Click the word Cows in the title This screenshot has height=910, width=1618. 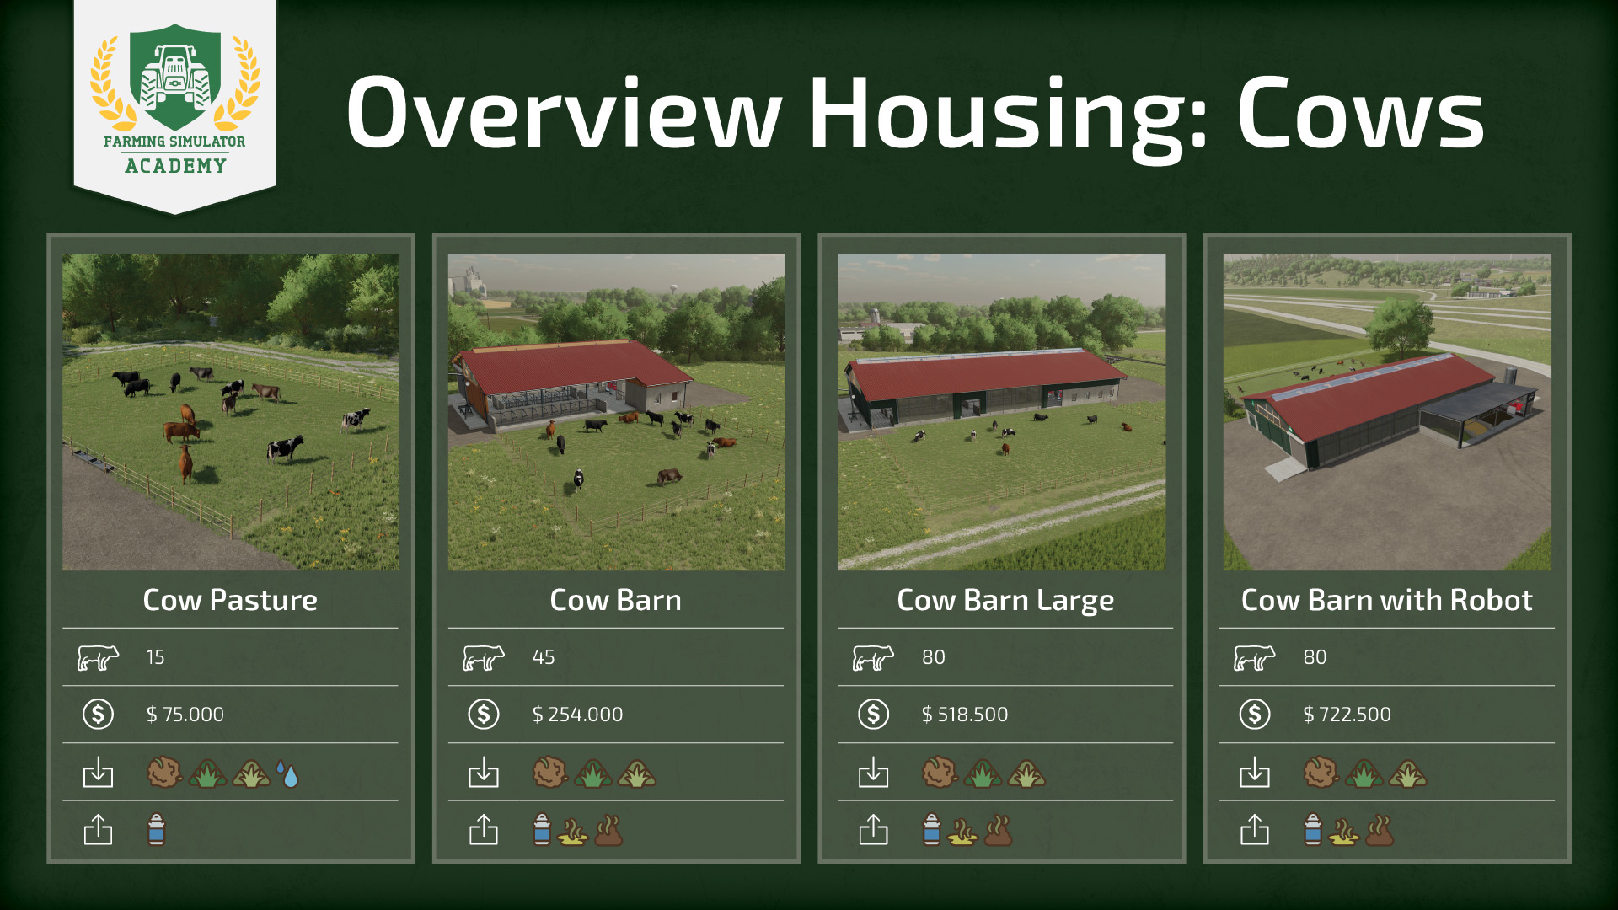coord(1360,114)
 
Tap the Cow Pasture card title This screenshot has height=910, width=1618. coord(230,600)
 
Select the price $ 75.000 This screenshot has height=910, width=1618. coord(185,715)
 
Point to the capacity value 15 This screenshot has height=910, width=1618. coord(155,657)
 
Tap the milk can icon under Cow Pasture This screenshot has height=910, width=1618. coord(157,830)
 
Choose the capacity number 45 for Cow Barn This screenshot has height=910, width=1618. coord(544,657)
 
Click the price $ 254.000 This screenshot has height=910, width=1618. coord(577,715)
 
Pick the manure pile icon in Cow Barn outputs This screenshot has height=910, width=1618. coord(608,831)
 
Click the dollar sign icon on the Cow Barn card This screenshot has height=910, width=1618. coord(484,715)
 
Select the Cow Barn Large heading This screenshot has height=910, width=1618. coord(1005,601)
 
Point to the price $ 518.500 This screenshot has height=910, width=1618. coord(965,715)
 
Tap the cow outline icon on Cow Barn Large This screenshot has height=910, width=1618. coord(873,657)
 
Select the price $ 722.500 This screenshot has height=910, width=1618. coord(1347,715)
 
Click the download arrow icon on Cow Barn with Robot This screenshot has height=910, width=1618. coord(1255,772)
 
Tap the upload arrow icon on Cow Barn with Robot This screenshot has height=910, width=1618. coord(1255,829)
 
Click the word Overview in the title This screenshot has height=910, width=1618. coord(564,114)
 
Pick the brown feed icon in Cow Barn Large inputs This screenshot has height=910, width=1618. coord(940,773)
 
